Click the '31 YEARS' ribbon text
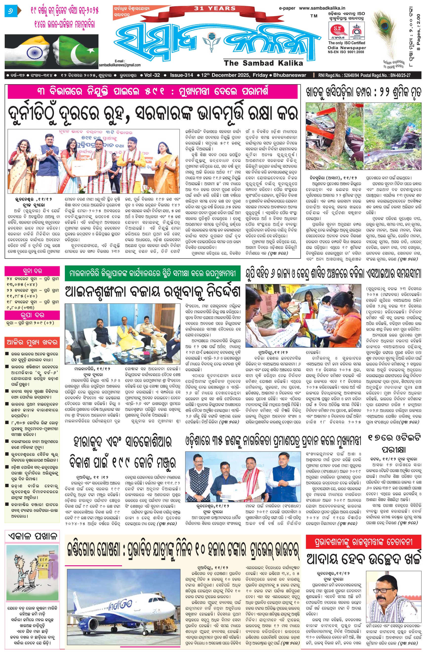[215, 8]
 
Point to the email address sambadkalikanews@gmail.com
[120, 65]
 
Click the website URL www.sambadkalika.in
[322, 8]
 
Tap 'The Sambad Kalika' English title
[263, 63]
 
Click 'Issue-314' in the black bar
[181, 75]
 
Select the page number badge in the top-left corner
[11, 11]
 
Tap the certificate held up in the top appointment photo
[85, 168]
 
